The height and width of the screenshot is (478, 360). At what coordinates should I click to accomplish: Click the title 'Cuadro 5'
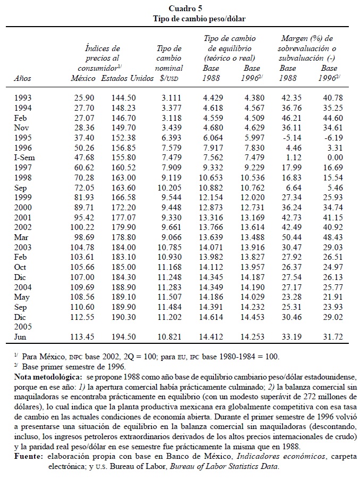pos(185,9)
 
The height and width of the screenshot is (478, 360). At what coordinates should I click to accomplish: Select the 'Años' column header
pos(22,78)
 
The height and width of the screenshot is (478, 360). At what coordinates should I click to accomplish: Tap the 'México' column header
pos(83,78)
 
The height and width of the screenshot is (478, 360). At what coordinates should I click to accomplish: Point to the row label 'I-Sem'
pos(26,158)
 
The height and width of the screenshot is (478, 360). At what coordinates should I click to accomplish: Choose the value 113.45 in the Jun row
pos(82,336)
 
